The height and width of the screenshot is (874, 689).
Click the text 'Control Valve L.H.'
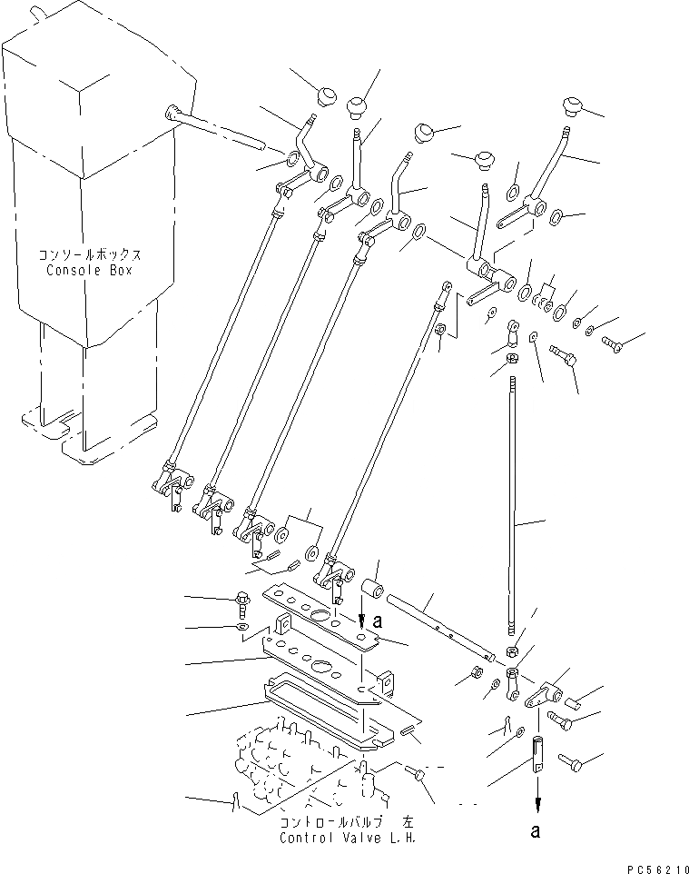tap(348, 837)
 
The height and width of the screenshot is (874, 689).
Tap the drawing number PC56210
tap(649, 866)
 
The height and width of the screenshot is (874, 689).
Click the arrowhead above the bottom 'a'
tap(537, 802)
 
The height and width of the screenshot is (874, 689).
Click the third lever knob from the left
tap(424, 134)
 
